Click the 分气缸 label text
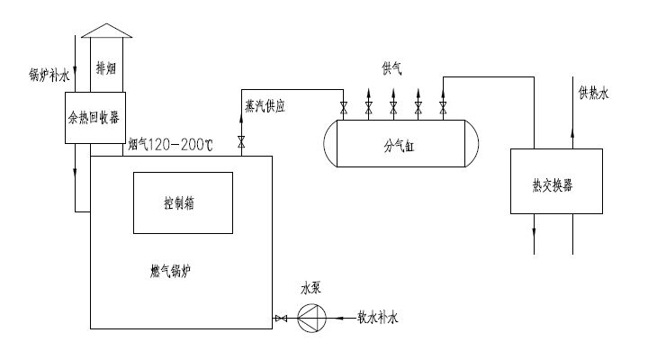point(401,143)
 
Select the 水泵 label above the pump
point(310,290)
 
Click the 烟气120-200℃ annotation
point(172,143)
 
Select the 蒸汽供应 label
point(265,105)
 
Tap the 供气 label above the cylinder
point(392,68)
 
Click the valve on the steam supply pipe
point(241,140)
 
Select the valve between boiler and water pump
point(281,318)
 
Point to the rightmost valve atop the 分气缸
point(443,109)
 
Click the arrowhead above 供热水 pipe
point(573,85)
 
